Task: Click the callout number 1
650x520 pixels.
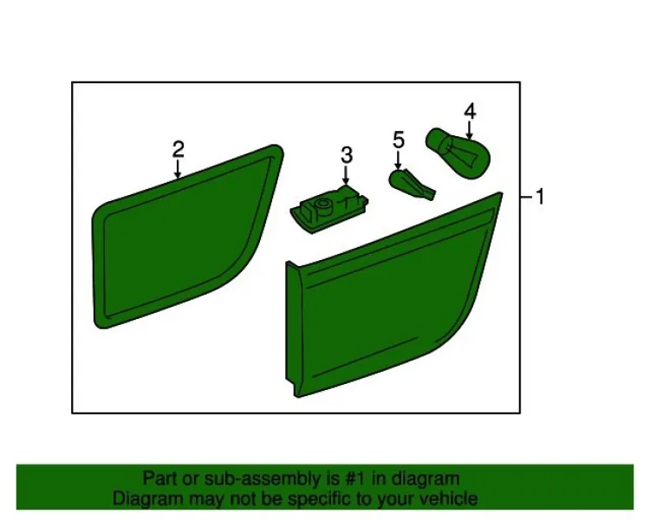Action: coord(539,196)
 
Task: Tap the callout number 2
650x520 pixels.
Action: coord(179,149)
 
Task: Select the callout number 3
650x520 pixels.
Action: coord(347,155)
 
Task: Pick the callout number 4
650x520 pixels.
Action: coord(470,111)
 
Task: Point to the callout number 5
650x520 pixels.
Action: coord(399,140)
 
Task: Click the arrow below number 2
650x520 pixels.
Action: coord(178,169)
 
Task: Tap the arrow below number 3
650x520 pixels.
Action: coord(346,174)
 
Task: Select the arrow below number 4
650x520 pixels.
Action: coord(469,130)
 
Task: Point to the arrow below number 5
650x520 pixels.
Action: coord(399,159)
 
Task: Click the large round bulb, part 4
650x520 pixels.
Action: coord(458,153)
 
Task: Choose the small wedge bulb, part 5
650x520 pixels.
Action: coord(412,184)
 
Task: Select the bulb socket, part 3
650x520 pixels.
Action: coord(329,209)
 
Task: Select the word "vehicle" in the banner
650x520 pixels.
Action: coord(448,498)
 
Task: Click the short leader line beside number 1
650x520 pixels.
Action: coord(526,197)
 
